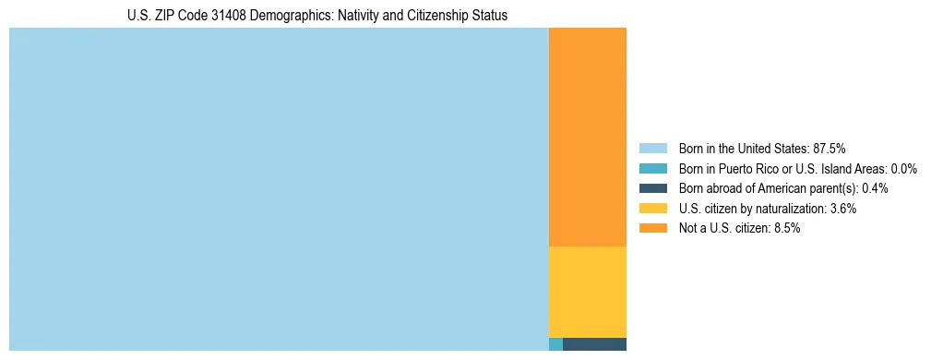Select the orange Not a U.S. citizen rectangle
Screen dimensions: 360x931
588,137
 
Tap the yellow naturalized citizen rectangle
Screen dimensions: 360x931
588,292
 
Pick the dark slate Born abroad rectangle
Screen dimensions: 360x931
594,344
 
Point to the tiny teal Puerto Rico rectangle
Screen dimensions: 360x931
555,344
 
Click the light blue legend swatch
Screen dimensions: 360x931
652,149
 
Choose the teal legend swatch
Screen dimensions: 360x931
652,169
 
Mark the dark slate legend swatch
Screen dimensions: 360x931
652,188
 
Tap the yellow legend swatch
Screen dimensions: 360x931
652,209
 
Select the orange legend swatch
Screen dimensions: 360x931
652,229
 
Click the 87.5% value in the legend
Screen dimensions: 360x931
829,149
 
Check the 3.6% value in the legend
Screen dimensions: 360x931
842,209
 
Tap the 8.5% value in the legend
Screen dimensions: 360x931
786,229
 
